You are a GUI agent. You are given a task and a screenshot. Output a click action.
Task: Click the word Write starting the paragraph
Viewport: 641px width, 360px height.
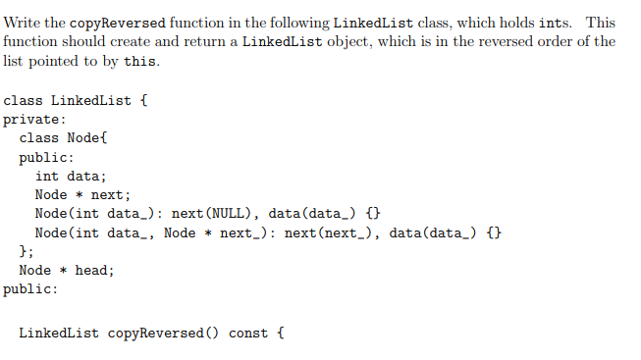tap(22, 23)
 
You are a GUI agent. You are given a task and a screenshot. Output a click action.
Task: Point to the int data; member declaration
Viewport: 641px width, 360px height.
tap(71, 176)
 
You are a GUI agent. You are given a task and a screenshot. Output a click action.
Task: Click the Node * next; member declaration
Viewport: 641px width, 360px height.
tap(82, 194)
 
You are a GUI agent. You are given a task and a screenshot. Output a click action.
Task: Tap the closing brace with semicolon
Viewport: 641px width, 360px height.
tap(27, 251)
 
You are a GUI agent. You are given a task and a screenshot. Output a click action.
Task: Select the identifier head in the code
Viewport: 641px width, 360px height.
tap(94, 270)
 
